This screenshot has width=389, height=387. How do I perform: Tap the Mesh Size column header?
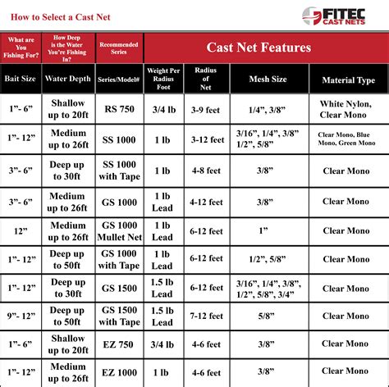coord(268,80)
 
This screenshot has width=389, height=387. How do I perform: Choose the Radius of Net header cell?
coord(205,78)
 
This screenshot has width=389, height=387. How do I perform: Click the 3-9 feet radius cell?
coord(206,109)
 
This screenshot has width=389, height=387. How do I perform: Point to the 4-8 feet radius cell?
coord(206,171)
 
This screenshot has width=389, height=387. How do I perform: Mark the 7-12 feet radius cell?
coord(206,316)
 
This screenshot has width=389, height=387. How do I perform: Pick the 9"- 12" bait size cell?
coord(23,316)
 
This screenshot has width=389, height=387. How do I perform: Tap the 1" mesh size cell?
coord(268,230)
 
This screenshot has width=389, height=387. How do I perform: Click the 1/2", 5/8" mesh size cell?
coord(268,260)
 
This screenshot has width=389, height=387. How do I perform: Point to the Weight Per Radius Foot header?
coord(162,78)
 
